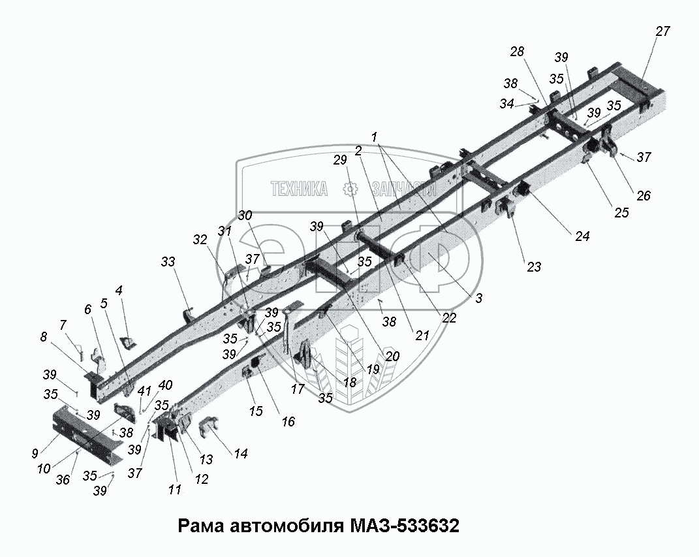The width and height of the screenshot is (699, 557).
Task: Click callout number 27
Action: [662, 31]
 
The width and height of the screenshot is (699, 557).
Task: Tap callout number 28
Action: [518, 52]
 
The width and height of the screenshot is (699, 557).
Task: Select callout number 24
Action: [582, 237]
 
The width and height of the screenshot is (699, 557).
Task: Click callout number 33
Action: [168, 263]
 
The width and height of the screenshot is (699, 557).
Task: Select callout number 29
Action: [339, 160]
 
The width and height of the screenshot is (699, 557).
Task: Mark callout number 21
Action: [422, 336]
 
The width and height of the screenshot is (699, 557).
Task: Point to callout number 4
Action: [119, 290]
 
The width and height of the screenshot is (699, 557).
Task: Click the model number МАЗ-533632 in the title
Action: [405, 526]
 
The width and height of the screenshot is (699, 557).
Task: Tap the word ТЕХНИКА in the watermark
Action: [299, 189]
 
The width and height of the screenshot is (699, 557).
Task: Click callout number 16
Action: [287, 422]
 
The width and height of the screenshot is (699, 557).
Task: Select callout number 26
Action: [643, 195]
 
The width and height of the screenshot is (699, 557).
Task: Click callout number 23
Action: [534, 266]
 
